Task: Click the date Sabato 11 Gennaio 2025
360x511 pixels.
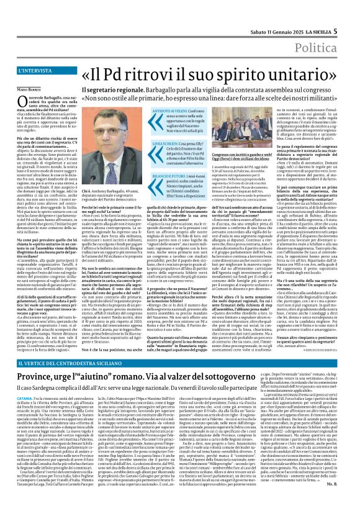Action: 274,14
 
